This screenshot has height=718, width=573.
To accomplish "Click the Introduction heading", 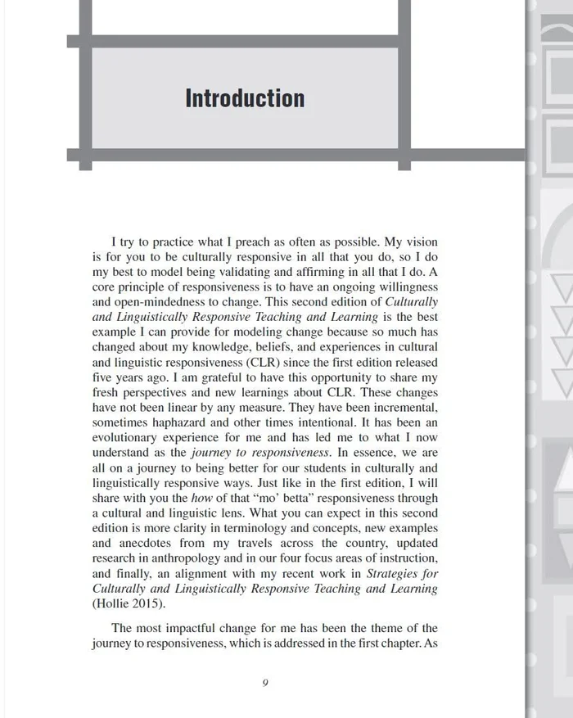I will pyautogui.click(x=245, y=98).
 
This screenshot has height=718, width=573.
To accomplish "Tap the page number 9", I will pyautogui.click(x=265, y=683).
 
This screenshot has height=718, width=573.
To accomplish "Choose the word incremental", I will pyautogui.click(x=400, y=408).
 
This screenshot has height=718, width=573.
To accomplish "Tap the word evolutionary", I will pyautogui.click(x=128, y=438).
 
